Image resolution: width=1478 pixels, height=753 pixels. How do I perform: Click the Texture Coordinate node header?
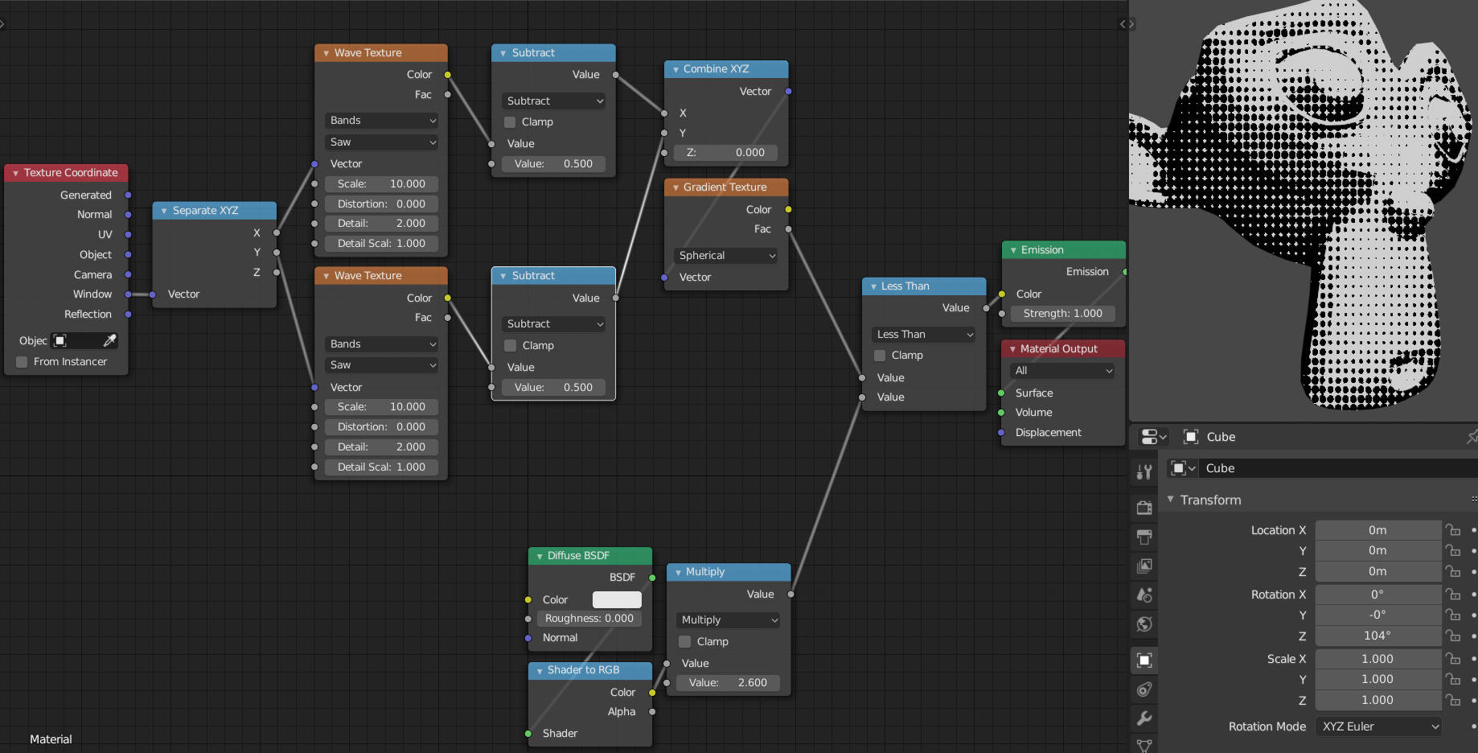[x=66, y=173]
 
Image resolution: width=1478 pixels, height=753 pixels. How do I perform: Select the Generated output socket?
[x=128, y=195]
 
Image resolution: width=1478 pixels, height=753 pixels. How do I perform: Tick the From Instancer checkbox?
[x=22, y=362]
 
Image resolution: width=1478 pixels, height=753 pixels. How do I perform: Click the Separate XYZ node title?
[x=205, y=211]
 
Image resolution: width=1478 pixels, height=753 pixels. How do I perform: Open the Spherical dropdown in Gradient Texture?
[x=726, y=256]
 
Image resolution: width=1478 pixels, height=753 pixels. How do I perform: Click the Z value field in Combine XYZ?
[x=726, y=152]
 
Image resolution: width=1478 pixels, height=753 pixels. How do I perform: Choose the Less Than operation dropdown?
[x=924, y=335]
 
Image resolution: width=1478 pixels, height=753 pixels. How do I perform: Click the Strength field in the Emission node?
[x=1062, y=314]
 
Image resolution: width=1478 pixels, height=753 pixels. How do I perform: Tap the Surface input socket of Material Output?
[x=1001, y=393]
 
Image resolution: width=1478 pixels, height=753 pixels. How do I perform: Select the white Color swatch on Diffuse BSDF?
[x=617, y=600]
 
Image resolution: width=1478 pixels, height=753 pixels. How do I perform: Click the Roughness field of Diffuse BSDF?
[x=589, y=619]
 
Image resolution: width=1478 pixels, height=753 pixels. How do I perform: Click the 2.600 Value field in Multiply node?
[x=728, y=683]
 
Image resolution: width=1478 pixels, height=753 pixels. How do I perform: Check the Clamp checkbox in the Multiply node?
[x=685, y=642]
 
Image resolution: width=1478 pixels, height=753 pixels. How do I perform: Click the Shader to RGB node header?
[x=589, y=670]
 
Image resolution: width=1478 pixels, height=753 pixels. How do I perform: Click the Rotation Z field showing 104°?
[x=1377, y=636]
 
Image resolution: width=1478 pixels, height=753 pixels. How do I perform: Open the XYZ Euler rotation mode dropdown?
[x=1378, y=726]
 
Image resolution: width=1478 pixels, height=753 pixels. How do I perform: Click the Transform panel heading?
[x=1210, y=500]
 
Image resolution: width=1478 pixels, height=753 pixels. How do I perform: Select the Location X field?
[x=1377, y=530]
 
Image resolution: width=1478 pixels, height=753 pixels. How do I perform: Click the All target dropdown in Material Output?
[x=1062, y=371]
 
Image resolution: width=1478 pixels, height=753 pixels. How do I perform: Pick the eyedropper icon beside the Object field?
[x=110, y=340]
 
